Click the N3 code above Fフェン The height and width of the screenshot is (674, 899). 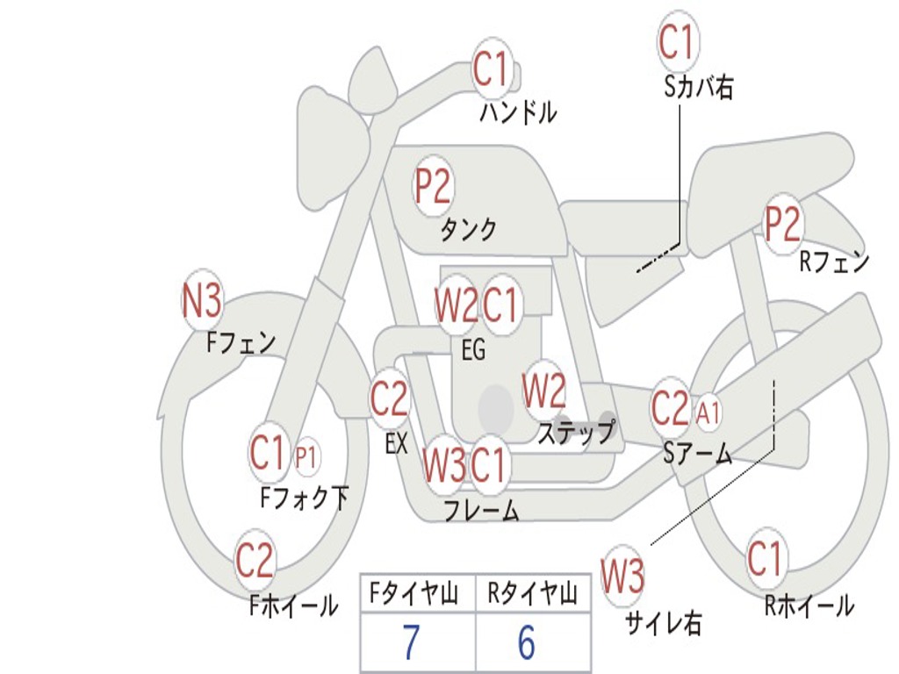(201, 301)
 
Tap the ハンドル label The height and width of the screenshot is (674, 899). (518, 112)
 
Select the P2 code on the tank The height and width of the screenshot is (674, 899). (434, 186)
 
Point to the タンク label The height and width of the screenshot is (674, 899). (468, 230)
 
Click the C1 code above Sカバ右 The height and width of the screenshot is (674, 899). (679, 40)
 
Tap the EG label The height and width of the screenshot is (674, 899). (473, 349)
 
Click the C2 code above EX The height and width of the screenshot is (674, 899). (389, 398)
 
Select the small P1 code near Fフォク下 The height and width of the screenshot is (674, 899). (306, 457)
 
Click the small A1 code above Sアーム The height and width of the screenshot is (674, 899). (708, 412)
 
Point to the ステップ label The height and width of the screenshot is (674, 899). (576, 432)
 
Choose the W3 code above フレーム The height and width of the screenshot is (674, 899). (443, 464)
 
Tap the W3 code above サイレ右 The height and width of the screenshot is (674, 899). (622, 576)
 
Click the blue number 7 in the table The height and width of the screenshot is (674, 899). (411, 642)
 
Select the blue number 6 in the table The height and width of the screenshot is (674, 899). (527, 642)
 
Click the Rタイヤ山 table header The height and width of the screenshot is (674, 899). (533, 594)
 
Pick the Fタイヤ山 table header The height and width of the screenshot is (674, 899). (414, 594)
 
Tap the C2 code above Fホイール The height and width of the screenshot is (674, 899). (255, 559)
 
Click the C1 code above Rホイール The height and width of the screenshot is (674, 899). (765, 557)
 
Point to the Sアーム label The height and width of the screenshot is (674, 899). (698, 454)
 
